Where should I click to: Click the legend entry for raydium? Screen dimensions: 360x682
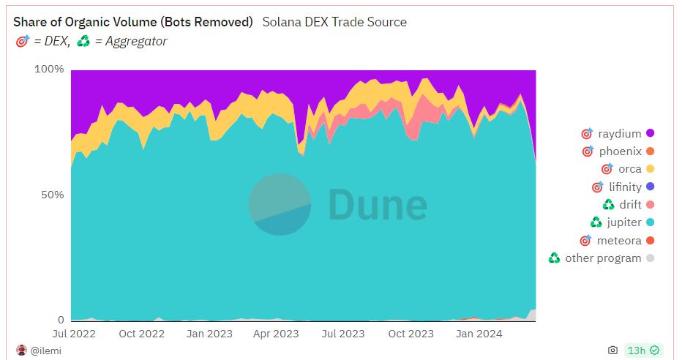point(619,133)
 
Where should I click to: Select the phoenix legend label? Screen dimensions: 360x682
point(620,151)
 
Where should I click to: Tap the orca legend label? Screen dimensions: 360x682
point(629,169)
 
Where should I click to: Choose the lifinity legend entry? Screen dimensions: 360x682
point(624,187)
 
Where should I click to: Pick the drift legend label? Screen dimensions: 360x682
point(630,205)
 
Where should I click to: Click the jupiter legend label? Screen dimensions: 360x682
point(623,222)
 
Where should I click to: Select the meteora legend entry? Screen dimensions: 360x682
point(619,241)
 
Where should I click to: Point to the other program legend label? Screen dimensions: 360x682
point(603,258)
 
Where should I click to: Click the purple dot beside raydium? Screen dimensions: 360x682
point(650,133)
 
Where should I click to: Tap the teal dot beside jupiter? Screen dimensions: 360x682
point(650,222)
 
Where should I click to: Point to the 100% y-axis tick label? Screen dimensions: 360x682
point(50,70)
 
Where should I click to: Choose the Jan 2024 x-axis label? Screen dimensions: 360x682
point(479,334)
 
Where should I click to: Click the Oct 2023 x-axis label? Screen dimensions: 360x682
point(411,334)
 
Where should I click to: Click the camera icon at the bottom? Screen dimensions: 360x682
point(612,350)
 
